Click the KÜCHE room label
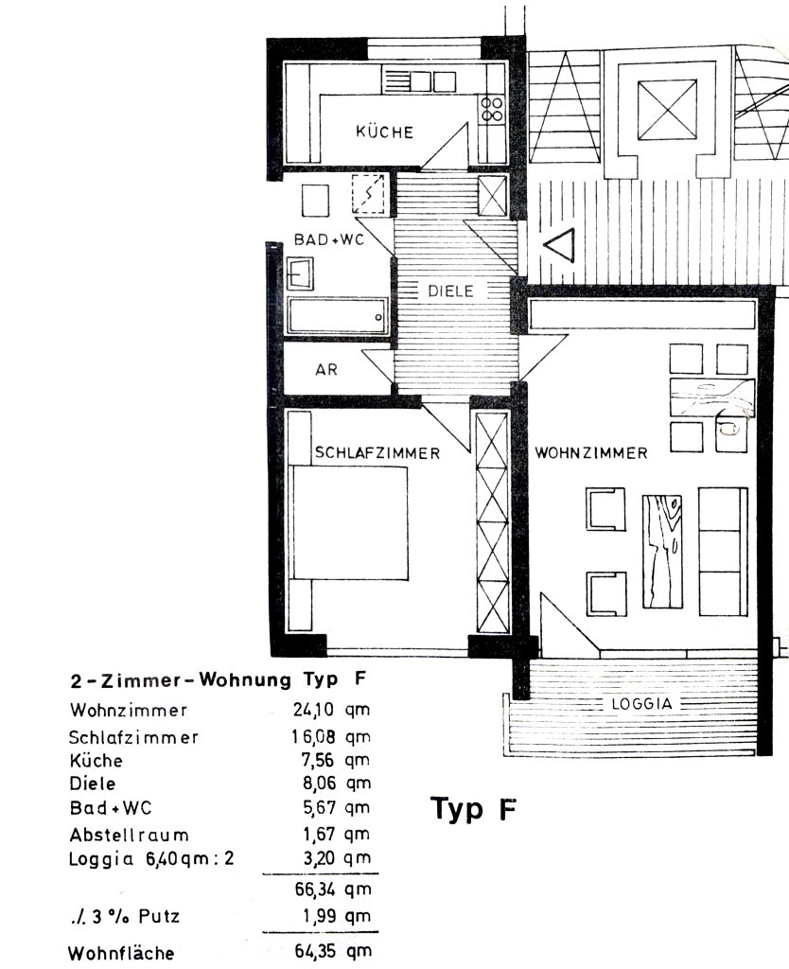point(384,132)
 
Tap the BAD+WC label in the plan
point(328,240)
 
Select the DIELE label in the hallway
point(450,291)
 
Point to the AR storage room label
point(326,370)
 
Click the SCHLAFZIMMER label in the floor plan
point(377,453)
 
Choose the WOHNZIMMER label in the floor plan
point(591,453)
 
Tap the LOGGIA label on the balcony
point(640,704)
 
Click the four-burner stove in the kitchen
point(492,110)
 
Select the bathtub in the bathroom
point(338,315)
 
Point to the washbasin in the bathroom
point(301,274)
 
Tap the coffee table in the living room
point(666,549)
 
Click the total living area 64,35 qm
point(331,951)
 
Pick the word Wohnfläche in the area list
point(121,953)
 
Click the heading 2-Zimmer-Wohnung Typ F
point(218,679)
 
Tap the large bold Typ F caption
point(474,809)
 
